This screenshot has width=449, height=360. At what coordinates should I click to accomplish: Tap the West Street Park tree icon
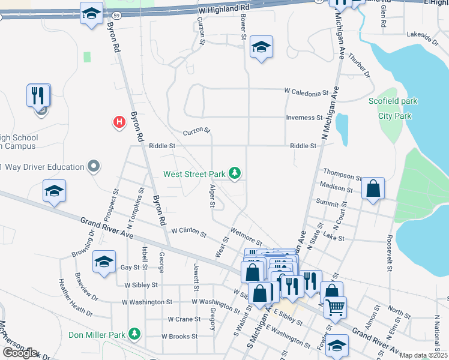tap(235, 174)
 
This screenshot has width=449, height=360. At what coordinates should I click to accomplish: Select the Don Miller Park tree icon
tap(136, 334)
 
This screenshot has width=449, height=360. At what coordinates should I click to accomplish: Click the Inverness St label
tap(304, 118)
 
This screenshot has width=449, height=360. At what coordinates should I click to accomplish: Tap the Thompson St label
tap(342, 178)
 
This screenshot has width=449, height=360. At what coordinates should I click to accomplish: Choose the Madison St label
tap(336, 188)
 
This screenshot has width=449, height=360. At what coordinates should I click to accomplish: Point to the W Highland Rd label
tap(223, 8)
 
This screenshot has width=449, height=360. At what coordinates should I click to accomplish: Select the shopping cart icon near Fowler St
tap(335, 307)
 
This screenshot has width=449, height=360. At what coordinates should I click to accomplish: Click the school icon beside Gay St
tap(104, 262)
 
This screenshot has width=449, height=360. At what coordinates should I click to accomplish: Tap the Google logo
tap(19, 353)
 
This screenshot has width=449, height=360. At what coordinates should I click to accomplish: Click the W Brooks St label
tap(175, 337)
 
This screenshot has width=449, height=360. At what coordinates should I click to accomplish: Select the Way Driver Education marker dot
tap(93, 166)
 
